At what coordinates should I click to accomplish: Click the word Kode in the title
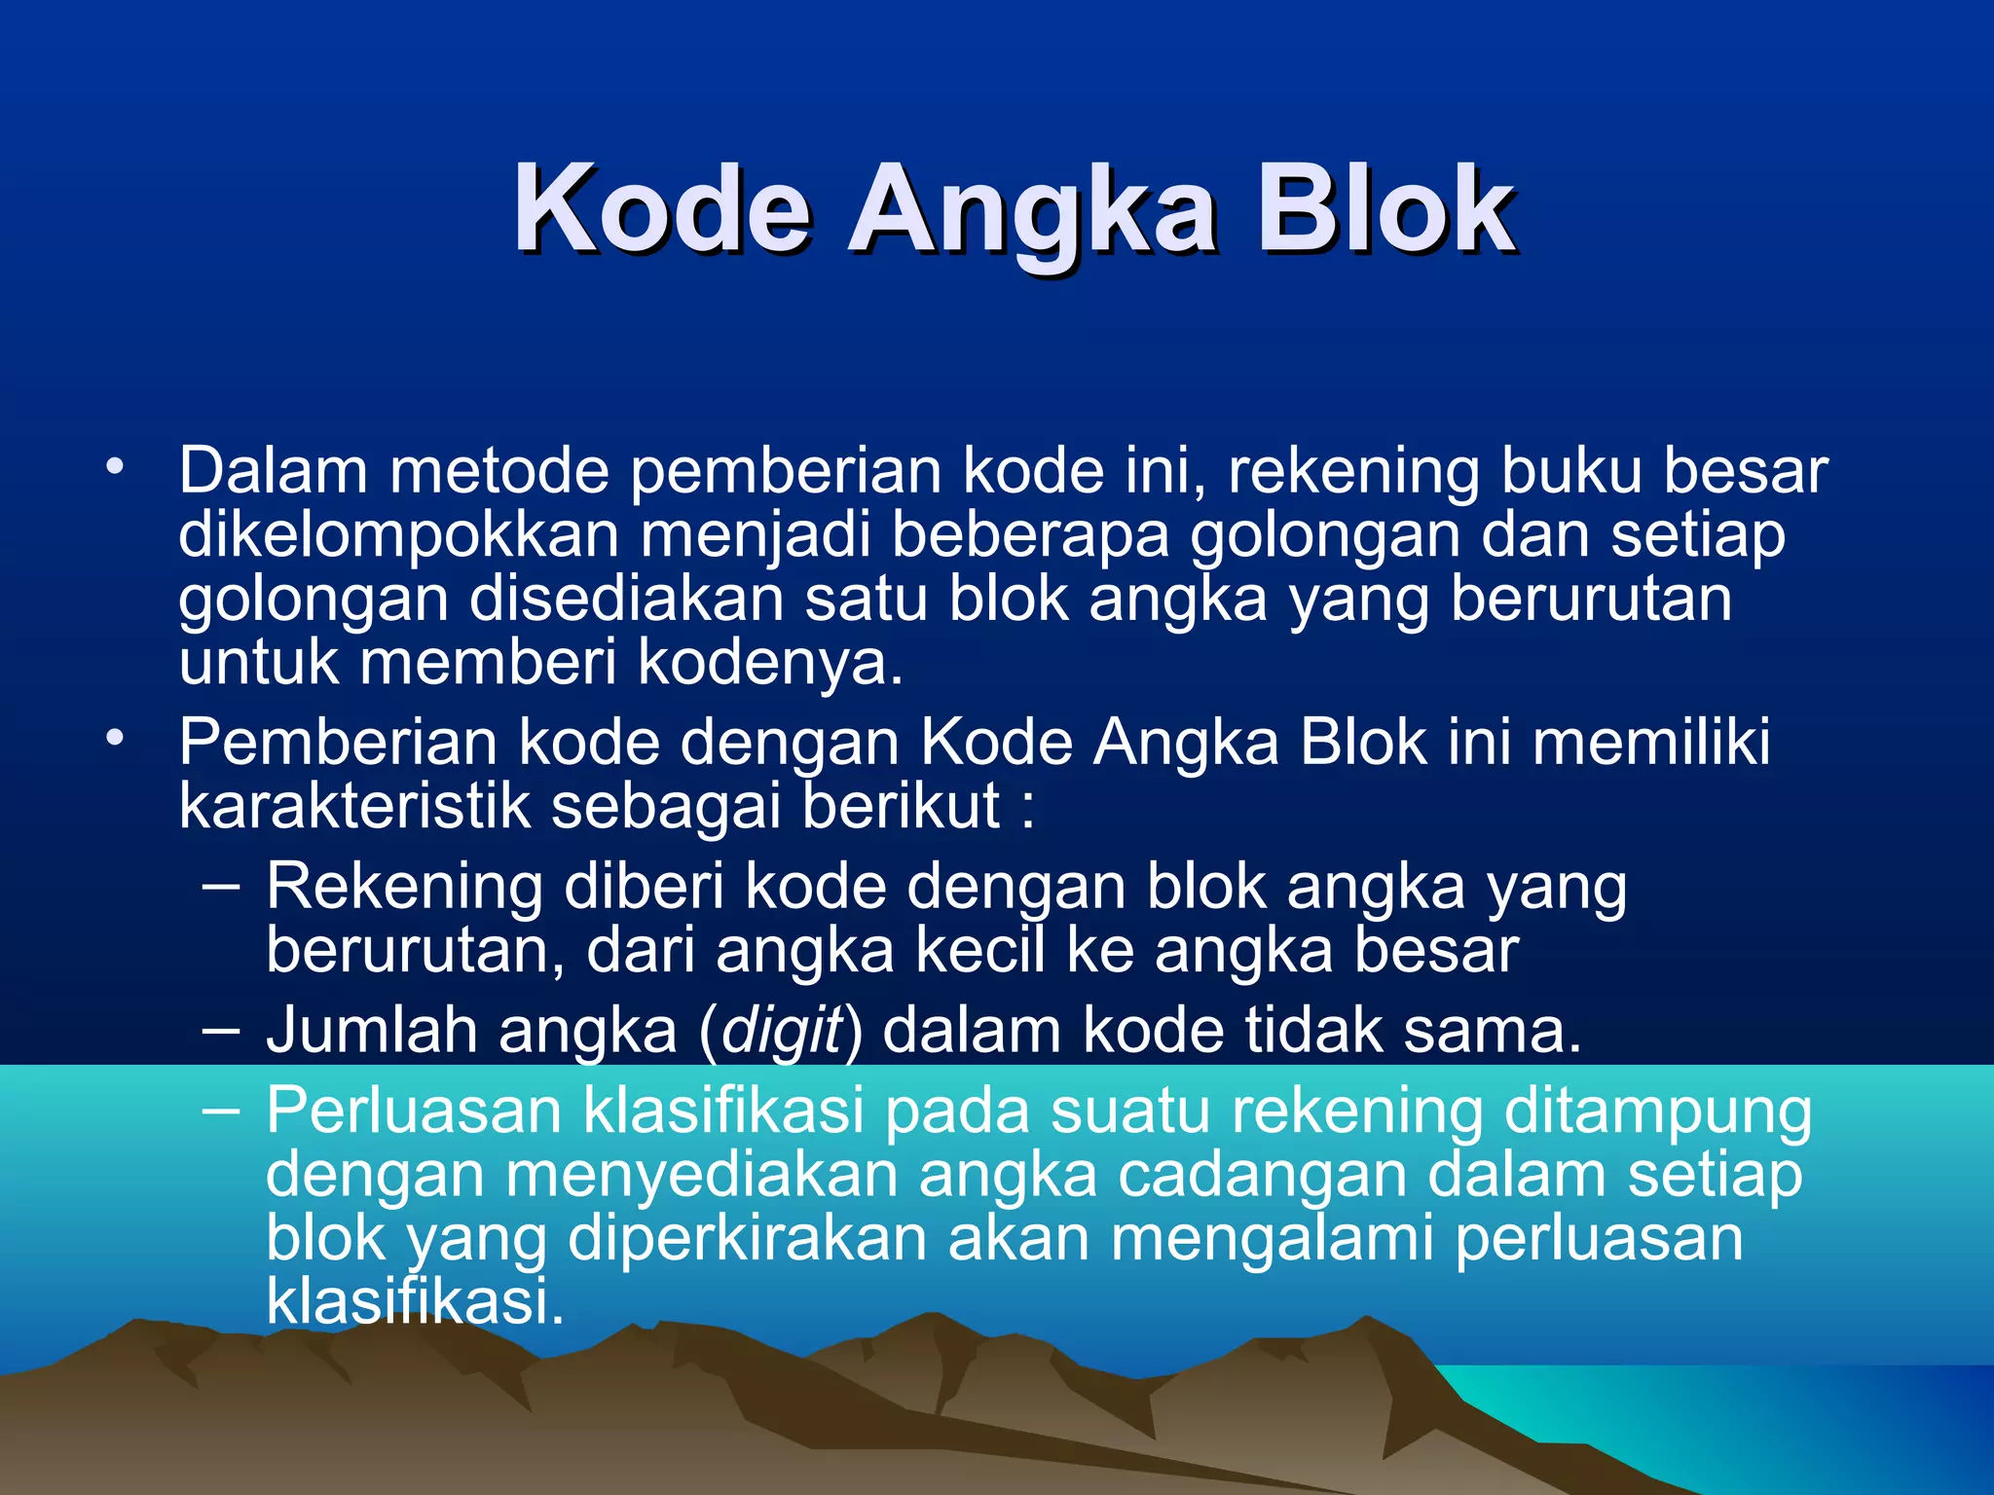(662, 209)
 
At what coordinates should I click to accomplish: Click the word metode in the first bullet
(498, 471)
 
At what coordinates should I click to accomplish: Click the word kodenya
(770, 664)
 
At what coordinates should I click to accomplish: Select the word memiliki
(1651, 743)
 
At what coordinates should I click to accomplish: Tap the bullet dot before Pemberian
(116, 739)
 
